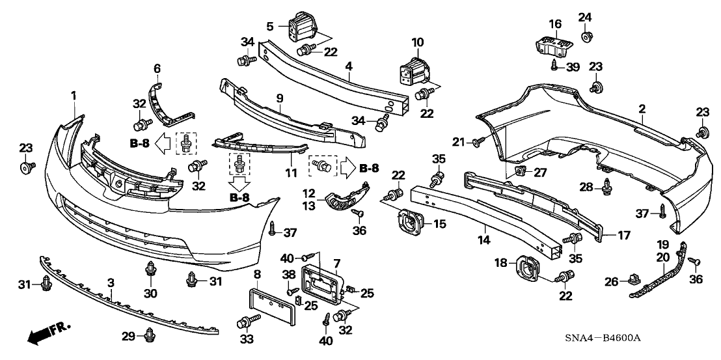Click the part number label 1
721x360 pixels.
click(x=74, y=96)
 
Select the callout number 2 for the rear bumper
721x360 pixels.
click(x=642, y=109)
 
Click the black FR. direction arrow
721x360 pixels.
click(x=40, y=335)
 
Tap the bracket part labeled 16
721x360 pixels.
click(x=554, y=44)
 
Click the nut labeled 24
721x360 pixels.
click(x=584, y=36)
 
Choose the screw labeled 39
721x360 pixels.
click(x=553, y=65)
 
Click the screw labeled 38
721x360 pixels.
click(x=292, y=290)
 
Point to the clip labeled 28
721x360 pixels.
click(x=608, y=187)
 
